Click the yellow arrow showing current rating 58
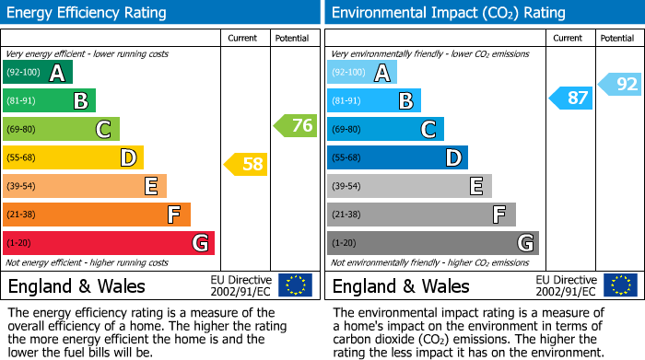pyautogui.click(x=246, y=165)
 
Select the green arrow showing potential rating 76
pyautogui.click(x=296, y=125)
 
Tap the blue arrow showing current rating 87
pyautogui.click(x=570, y=98)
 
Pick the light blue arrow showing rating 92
pyautogui.click(x=620, y=85)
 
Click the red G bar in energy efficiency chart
pyautogui.click(x=108, y=243)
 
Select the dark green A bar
pyautogui.click(x=37, y=72)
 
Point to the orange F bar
pyautogui.click(x=96, y=215)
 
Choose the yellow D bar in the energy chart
pyautogui.click(x=73, y=157)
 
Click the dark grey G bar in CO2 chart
pyautogui.click(x=432, y=243)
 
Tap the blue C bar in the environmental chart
pyautogui.click(x=385, y=129)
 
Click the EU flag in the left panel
pyautogui.click(x=295, y=285)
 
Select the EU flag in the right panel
pyautogui.click(x=620, y=285)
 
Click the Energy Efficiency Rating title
pyautogui.click(x=88, y=13)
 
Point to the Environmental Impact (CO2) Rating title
pyautogui.click(x=448, y=13)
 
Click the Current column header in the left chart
pyautogui.click(x=244, y=38)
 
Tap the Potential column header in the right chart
pyautogui.click(x=616, y=38)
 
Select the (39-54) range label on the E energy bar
pyautogui.click(x=21, y=186)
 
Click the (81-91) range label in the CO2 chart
pyautogui.click(x=346, y=100)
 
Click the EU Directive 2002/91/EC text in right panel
pyautogui.click(x=565, y=285)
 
